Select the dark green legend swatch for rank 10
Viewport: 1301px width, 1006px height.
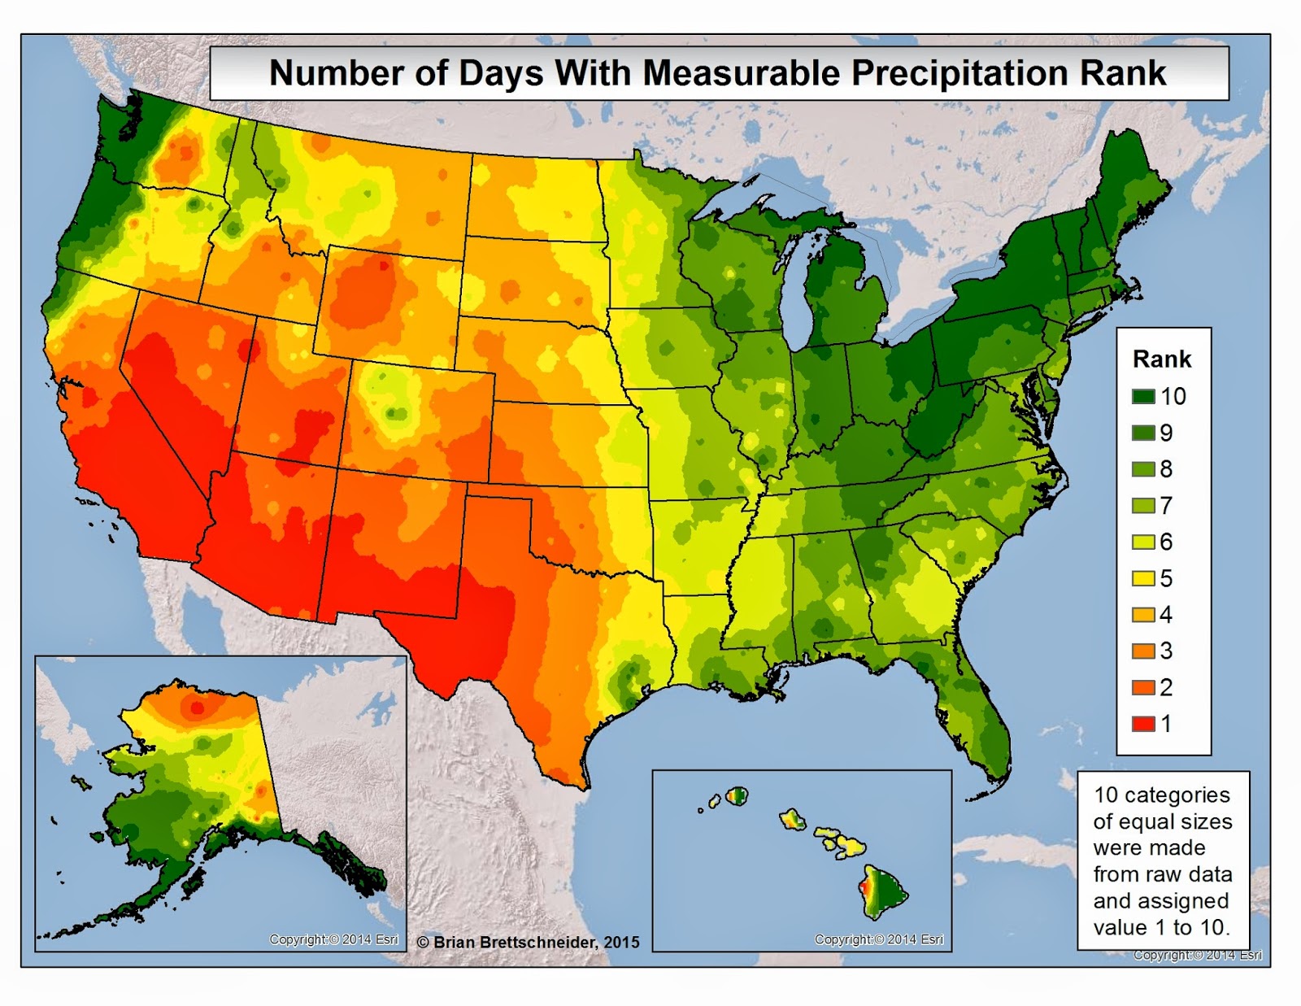[1143, 397]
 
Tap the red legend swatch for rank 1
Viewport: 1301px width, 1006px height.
[1143, 724]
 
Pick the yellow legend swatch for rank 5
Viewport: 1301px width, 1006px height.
[1143, 578]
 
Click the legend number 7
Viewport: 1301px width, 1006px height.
[1166, 506]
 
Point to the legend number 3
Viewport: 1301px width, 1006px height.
[1166, 651]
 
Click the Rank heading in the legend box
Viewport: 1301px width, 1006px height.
[1161, 359]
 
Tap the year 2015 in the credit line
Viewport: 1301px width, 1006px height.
[621, 943]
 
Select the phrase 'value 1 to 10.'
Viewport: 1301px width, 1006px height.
[1161, 927]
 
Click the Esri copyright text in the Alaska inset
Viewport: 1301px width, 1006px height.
[333, 939]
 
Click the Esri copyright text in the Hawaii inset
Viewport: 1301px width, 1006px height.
[879, 939]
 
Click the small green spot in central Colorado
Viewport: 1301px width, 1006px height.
[396, 413]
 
